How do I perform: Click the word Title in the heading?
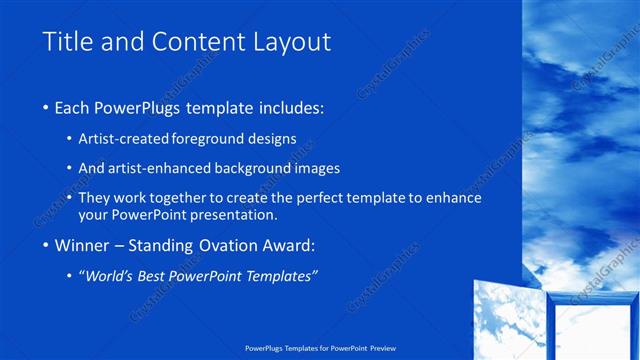click(69, 42)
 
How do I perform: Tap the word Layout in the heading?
click(285, 42)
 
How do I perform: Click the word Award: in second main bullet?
click(293, 245)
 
